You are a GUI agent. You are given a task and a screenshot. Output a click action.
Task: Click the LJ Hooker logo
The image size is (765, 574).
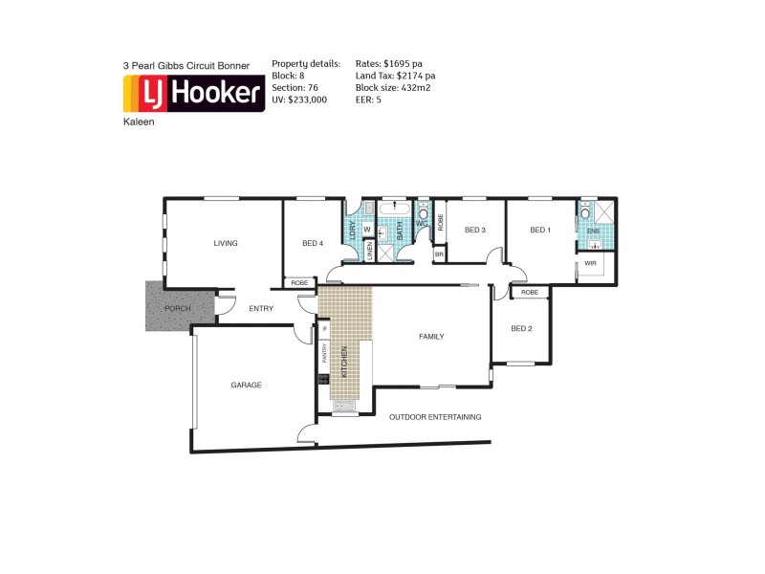194,94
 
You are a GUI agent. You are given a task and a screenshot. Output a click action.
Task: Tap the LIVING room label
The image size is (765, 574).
226,243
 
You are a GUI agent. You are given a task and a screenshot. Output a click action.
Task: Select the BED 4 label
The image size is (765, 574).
313,243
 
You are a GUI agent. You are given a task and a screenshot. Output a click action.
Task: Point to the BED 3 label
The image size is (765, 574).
475,230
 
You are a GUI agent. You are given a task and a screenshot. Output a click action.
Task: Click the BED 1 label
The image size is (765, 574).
540,230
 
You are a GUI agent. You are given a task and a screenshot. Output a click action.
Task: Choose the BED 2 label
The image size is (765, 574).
521,328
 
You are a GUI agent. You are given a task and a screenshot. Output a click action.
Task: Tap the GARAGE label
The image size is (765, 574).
246,385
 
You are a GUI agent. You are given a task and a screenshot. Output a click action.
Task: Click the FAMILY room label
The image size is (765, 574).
431,337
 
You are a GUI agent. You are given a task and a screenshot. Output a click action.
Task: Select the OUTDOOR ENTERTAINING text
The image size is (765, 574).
435,417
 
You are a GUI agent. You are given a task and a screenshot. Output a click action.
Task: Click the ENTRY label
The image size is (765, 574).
261,308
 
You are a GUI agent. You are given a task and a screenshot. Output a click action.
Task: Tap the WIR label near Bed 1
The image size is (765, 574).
590,262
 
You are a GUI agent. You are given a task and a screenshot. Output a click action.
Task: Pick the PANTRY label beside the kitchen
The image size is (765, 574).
324,354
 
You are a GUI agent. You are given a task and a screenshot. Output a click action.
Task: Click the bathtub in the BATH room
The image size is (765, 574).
394,208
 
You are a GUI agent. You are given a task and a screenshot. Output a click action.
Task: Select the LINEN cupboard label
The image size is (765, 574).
370,251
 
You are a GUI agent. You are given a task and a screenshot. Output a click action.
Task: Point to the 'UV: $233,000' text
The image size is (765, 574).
299,99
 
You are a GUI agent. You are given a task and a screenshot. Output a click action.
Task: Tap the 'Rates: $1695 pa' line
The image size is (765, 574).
388,63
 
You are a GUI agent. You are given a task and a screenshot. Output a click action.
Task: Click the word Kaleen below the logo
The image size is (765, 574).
138,122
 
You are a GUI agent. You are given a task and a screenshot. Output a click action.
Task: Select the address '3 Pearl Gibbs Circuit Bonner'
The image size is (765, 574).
186,65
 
